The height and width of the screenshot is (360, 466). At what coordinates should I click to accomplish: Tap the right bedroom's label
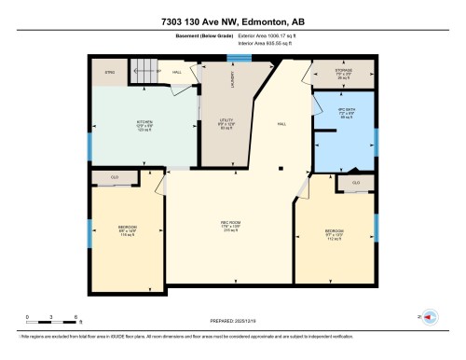pyautogui.click(x=336, y=236)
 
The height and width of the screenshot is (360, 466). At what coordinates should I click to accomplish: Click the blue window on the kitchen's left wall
pyautogui.click(x=90, y=146)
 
